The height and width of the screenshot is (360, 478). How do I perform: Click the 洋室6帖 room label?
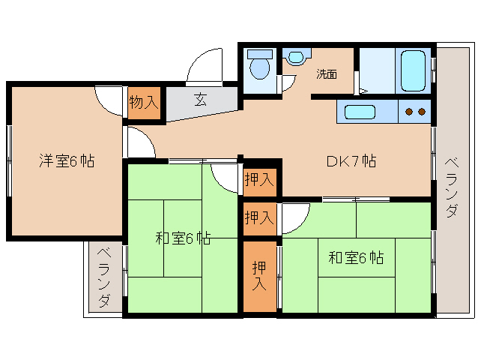pyautogui.click(x=67, y=161)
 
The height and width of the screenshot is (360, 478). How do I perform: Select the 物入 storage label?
pyautogui.click(x=144, y=102)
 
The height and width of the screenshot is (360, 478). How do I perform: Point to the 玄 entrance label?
pyautogui.click(x=201, y=99)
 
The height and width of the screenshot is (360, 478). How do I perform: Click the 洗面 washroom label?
pyautogui.click(x=326, y=74)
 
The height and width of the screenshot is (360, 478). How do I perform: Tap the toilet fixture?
pyautogui.click(x=260, y=67)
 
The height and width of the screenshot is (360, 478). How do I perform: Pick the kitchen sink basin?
pyautogui.click(x=360, y=113)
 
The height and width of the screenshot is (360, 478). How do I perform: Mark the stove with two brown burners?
pyautogui.click(x=415, y=112)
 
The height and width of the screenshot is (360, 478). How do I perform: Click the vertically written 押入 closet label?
pyautogui.click(x=259, y=275)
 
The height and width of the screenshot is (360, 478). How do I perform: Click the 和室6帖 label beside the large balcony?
pyautogui.click(x=356, y=258)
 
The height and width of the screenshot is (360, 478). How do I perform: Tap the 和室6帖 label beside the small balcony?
pyautogui.click(x=183, y=239)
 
